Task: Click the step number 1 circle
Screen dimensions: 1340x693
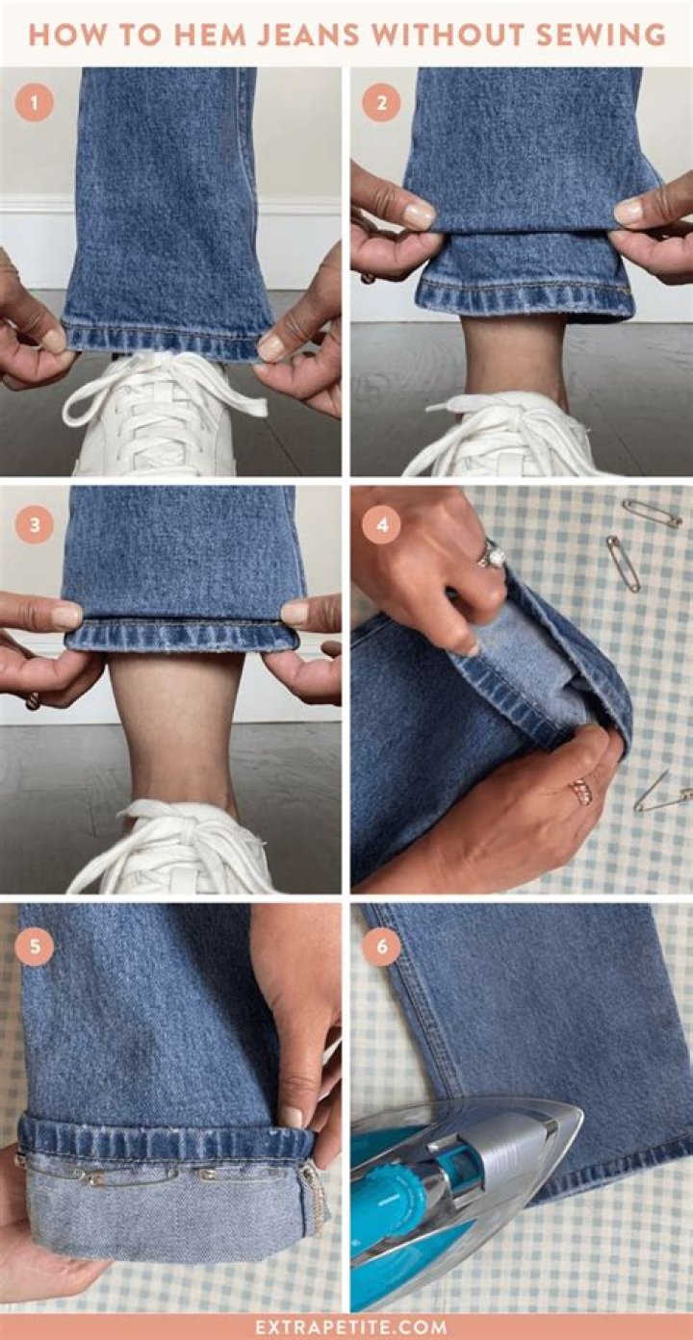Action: coord(35,103)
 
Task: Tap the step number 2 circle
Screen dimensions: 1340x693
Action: coord(381,103)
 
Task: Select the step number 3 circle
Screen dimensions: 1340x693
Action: coord(35,525)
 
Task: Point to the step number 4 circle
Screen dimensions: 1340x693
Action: coord(381,525)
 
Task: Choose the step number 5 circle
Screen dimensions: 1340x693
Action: coord(35,948)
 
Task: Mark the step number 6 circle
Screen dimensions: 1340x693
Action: coord(381,948)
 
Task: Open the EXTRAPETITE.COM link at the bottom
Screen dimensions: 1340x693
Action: coord(351,1327)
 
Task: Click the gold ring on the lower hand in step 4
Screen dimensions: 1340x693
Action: coord(581,791)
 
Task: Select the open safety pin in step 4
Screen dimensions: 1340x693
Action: coord(664,793)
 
